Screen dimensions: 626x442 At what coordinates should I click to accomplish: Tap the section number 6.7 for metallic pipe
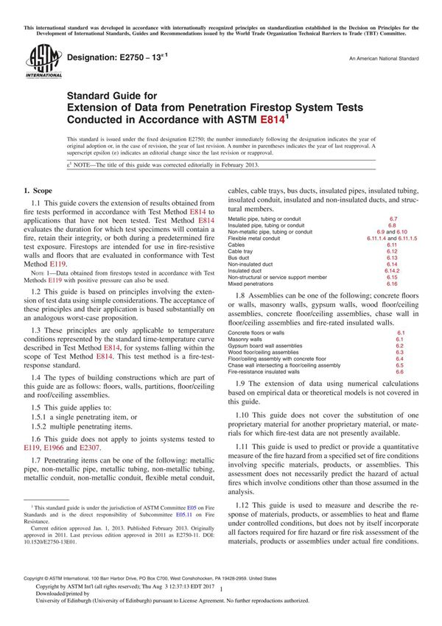pyautogui.click(x=393, y=219)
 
